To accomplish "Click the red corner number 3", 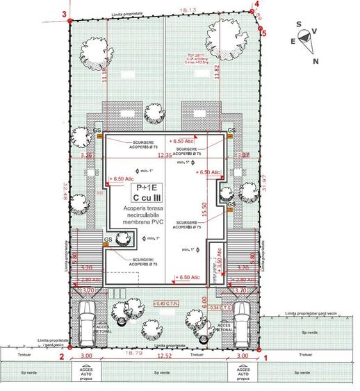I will tap(64, 13).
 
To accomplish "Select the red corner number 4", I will tap(256, 4).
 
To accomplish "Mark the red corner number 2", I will tap(61, 358).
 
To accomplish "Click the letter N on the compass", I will tap(317, 61).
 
